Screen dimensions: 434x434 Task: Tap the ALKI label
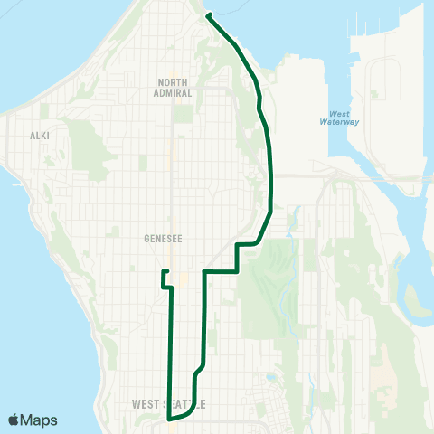(x=39, y=135)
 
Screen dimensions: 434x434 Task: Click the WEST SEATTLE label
(x=169, y=402)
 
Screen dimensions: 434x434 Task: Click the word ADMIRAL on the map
(x=174, y=91)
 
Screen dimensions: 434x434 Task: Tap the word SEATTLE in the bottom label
(x=185, y=402)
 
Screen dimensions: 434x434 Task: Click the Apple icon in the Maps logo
(x=14, y=420)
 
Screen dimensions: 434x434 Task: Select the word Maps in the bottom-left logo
(x=39, y=420)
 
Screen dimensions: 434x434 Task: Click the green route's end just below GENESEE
(x=164, y=271)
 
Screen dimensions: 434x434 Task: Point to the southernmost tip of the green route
(x=169, y=420)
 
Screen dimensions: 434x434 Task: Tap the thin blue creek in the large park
(x=288, y=289)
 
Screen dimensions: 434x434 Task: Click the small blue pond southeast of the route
(x=292, y=216)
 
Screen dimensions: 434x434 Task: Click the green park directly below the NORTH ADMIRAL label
(x=184, y=113)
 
